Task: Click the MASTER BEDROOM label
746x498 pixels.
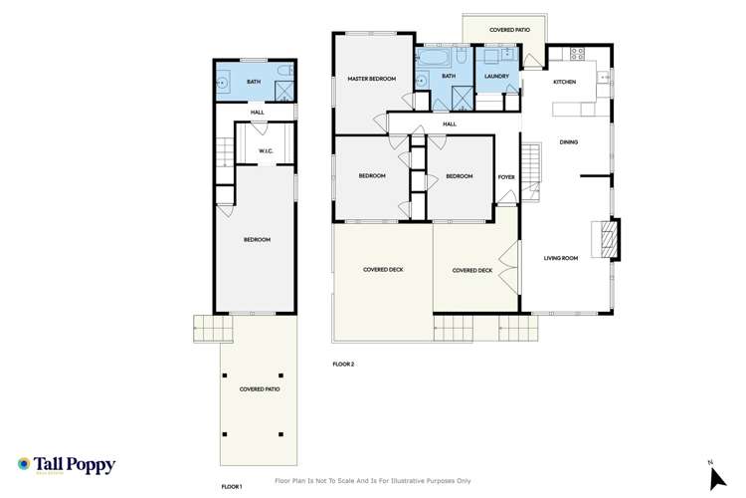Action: coord(372,78)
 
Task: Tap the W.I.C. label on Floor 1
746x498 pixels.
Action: coord(266,151)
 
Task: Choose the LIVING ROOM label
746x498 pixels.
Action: coord(561,259)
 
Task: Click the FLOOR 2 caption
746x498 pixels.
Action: coord(343,365)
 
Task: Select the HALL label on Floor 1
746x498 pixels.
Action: coord(257,112)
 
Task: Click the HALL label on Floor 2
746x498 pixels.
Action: coord(450,124)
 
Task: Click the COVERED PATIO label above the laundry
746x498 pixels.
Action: coord(509,31)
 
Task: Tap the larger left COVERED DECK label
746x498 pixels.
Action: coord(383,269)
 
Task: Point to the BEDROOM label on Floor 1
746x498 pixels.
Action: coord(258,239)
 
